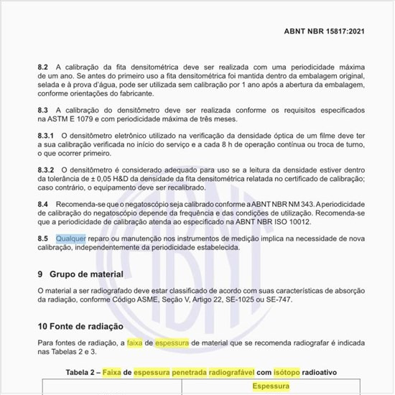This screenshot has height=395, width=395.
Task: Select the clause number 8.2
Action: [43, 67]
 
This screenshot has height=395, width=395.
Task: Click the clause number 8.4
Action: [43, 205]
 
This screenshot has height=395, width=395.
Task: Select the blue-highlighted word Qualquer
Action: [70, 237]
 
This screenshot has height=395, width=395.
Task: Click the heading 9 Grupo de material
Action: [80, 274]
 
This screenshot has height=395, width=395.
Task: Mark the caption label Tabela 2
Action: [86, 372]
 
